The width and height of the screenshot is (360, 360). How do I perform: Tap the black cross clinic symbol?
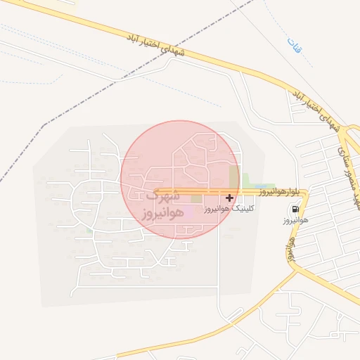tap(230, 198)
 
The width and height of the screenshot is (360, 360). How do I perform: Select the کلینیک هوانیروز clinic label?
tap(229, 209)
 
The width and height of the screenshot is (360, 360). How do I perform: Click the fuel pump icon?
tap(293, 210)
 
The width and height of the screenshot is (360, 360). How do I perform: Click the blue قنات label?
tap(292, 48)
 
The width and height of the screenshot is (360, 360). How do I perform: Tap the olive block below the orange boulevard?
tap(195, 199)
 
